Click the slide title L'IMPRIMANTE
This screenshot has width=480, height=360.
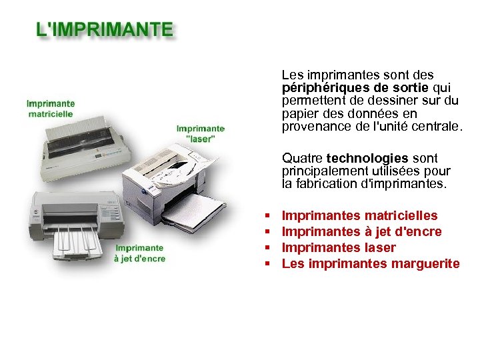pyautogui.click(x=105, y=30)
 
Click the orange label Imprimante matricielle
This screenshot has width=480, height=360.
pyautogui.click(x=51, y=109)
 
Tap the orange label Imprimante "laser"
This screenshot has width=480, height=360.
pyautogui.click(x=201, y=133)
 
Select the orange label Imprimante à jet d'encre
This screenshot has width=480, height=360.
pyautogui.click(x=139, y=253)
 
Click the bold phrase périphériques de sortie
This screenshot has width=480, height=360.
pyautogui.click(x=356, y=87)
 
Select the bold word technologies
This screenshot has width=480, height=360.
pyautogui.click(x=367, y=158)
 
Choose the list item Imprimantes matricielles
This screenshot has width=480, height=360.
pyautogui.click(x=360, y=215)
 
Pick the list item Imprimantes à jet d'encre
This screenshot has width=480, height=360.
pyautogui.click(x=362, y=231)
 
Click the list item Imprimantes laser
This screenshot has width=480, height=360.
pyautogui.click(x=339, y=247)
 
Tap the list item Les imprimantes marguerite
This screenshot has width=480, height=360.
pyautogui.click(x=371, y=263)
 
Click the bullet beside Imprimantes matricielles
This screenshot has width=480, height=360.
pyautogui.click(x=266, y=216)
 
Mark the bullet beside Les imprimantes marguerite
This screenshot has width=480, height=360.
pyautogui.click(x=266, y=264)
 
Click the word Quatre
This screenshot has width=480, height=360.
pyautogui.click(x=302, y=158)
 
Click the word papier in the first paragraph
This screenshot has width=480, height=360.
pyautogui.click(x=299, y=113)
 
